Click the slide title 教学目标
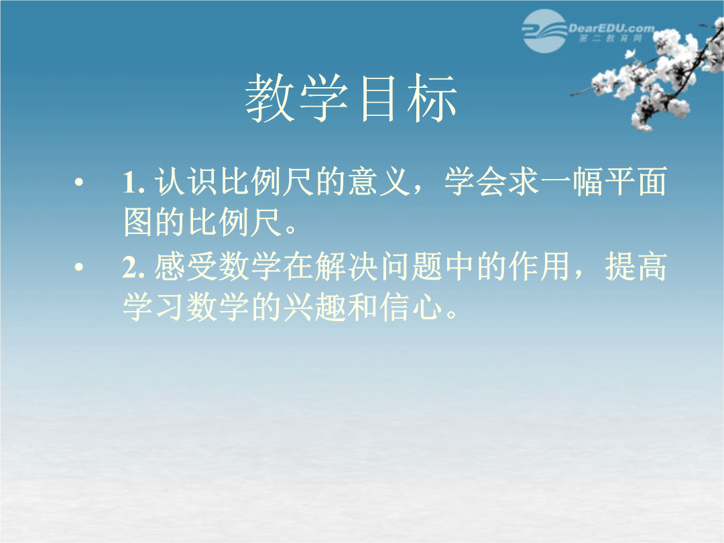coord(351,99)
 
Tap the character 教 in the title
coord(270,99)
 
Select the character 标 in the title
coord(432,99)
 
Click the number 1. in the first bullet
coord(134,182)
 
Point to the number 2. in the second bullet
coord(134,267)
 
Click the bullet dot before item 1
coord(79,182)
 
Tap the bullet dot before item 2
coord(79,267)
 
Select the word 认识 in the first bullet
coord(186,181)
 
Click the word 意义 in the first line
coord(379,181)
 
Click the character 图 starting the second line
coord(138,222)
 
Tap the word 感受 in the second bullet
coord(186,266)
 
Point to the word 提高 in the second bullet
coord(636,266)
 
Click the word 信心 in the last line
coord(411,307)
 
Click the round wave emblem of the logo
coord(544,31)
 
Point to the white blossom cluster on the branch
coord(651,74)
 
